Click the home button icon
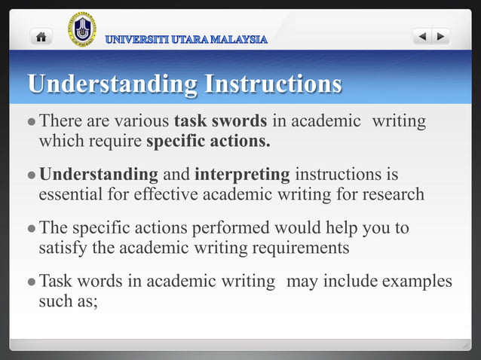[x=41, y=36]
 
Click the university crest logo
[x=82, y=29]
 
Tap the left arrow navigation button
[x=423, y=36]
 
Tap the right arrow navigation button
[x=441, y=36]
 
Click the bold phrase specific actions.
[x=207, y=140]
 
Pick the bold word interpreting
[x=242, y=175]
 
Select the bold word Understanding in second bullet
[x=98, y=175]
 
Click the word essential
[x=73, y=194]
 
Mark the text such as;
[x=69, y=301]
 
